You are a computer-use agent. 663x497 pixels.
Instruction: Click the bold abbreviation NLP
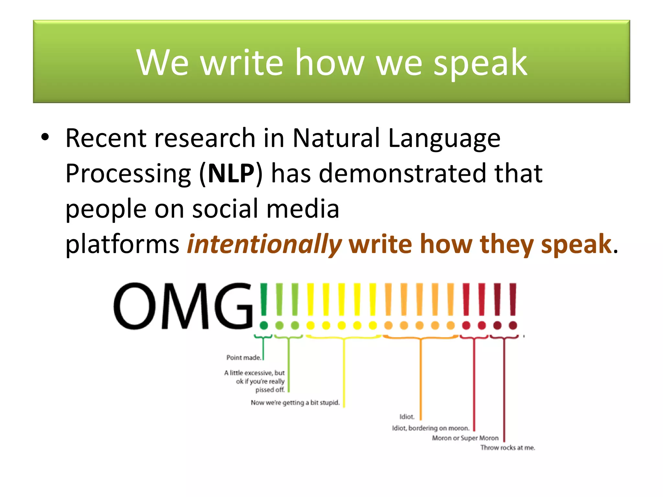[x=231, y=173]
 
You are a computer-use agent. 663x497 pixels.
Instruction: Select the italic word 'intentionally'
[x=264, y=244]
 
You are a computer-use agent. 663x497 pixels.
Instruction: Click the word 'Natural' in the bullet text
[x=336, y=138]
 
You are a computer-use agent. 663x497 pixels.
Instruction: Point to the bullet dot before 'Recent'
[x=45, y=138]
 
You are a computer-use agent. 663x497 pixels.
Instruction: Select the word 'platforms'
[x=122, y=244]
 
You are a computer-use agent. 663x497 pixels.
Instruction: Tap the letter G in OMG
[x=232, y=306]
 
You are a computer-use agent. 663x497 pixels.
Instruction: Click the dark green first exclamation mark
[x=264, y=306]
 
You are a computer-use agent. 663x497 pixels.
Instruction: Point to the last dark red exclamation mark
[x=513, y=306]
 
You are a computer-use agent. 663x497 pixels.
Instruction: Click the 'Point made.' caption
[x=243, y=358]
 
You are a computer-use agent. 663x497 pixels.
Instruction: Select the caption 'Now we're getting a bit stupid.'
[x=295, y=403]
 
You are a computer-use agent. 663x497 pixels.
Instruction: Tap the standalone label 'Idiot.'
[x=407, y=417]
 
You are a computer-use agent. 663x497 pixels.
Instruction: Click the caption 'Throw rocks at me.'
[x=507, y=448]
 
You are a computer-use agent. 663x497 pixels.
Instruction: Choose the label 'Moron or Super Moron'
[x=465, y=438]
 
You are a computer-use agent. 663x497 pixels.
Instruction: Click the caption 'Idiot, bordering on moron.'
[x=430, y=428]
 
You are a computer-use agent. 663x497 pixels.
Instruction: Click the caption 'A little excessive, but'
[x=254, y=373]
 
